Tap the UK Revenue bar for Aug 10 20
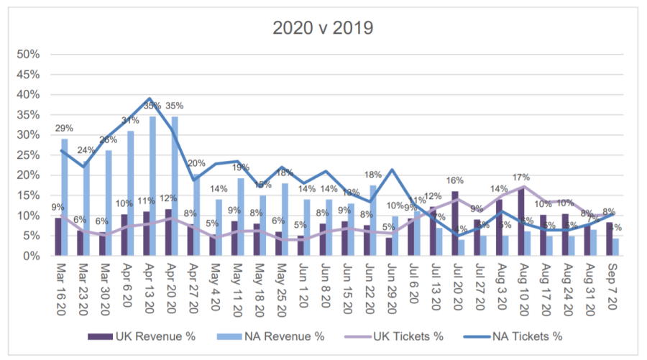click(521, 222)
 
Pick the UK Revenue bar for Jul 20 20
click(456, 223)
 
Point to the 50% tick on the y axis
click(29, 55)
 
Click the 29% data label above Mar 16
click(64, 129)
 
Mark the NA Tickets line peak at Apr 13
click(149, 98)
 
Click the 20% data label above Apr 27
click(197, 163)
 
